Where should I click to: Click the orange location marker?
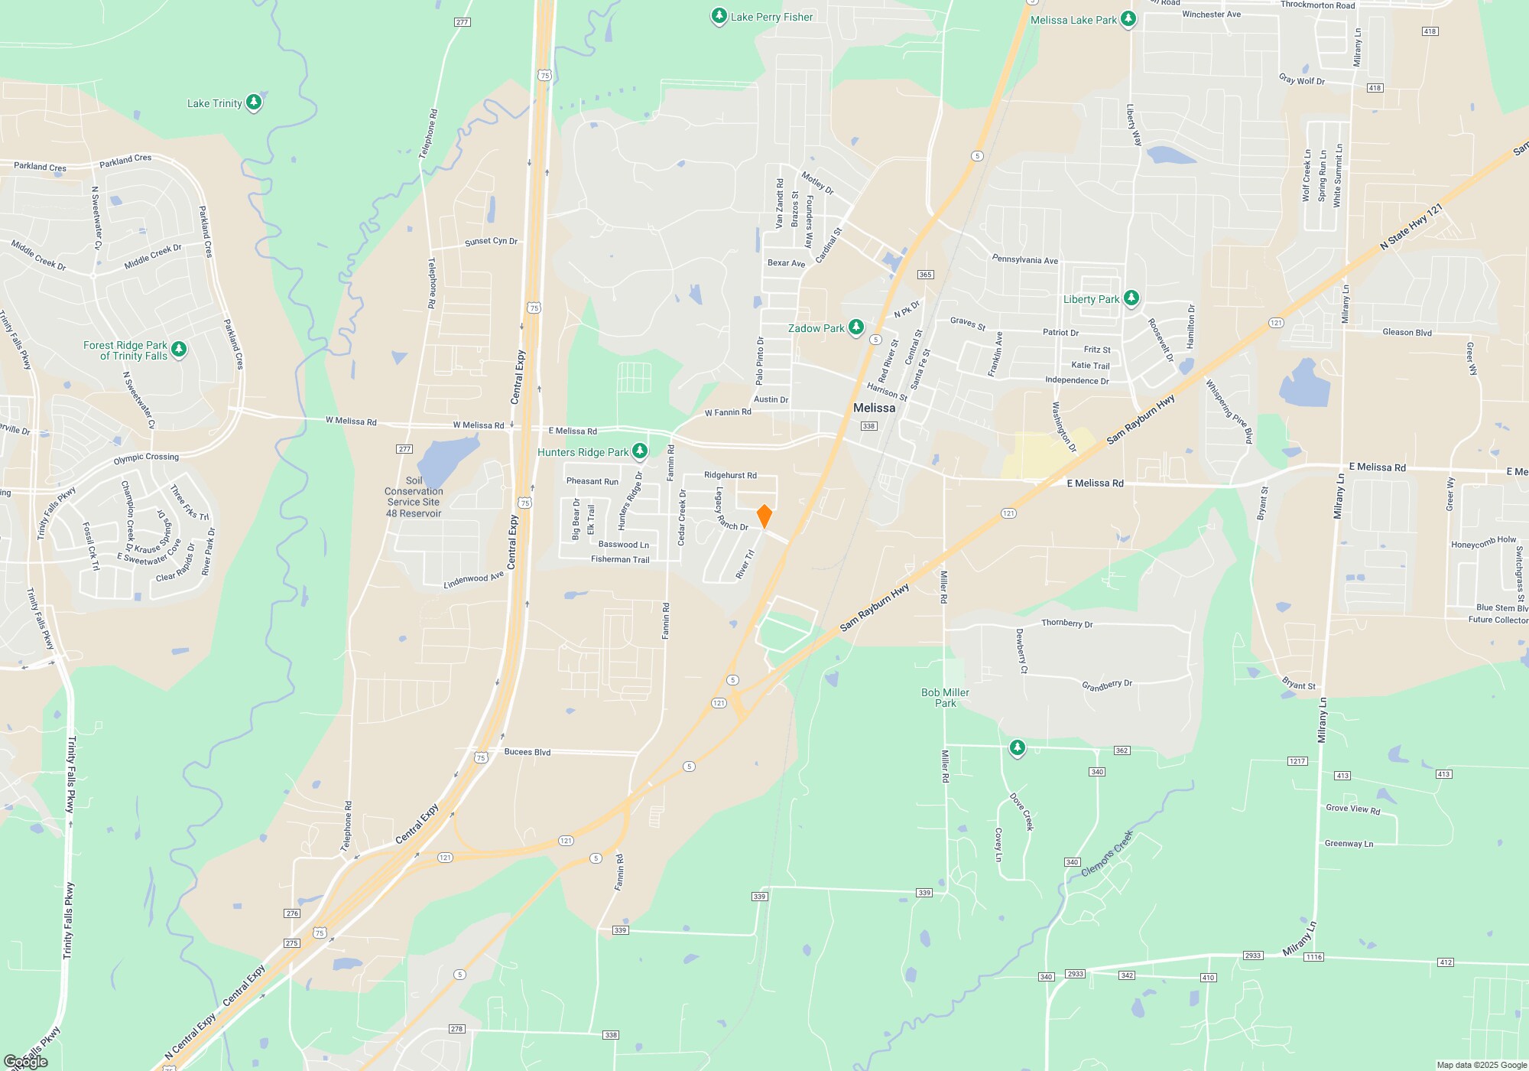coord(764,516)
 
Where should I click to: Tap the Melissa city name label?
coord(874,408)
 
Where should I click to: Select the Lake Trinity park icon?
coord(254,102)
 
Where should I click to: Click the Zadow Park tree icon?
coord(856,327)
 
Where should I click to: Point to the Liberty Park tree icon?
coord(1131,298)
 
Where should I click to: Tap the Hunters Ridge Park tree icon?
coord(640,451)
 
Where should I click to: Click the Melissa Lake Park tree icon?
coord(1128,20)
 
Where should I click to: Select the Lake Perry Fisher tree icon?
coord(719,16)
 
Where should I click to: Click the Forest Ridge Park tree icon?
coord(179,349)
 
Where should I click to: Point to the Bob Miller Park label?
coord(945,698)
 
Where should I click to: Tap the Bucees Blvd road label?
coord(528,752)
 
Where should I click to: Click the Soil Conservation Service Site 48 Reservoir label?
coord(414,497)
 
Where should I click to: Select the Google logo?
coord(26,1061)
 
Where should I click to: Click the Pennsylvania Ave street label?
coord(1024,260)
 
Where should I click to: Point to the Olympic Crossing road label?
coord(146,458)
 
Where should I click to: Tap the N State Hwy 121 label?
coord(1411,226)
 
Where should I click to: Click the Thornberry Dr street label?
coord(1066,623)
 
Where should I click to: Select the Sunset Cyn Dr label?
coord(491,242)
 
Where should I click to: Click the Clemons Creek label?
coord(1107,853)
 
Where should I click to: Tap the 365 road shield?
coord(925,275)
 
